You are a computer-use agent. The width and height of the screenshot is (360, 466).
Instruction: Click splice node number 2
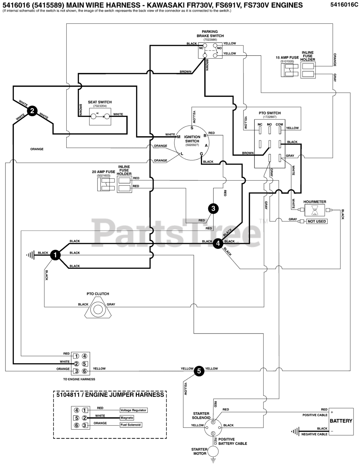(32, 111)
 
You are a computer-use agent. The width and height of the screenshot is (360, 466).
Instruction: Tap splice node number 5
(199, 371)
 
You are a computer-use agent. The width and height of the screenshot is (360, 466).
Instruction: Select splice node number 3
(213, 209)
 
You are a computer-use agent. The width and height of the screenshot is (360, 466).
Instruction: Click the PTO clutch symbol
(98, 309)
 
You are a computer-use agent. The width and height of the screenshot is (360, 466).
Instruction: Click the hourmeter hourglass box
(315, 210)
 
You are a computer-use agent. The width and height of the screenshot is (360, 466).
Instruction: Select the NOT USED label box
(317, 221)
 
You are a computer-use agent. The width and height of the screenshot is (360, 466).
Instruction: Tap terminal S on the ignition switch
(192, 128)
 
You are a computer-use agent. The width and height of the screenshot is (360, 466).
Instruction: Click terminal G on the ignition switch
(201, 154)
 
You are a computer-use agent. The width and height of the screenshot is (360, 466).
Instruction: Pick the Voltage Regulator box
(134, 410)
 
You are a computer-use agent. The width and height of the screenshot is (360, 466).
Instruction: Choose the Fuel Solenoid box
(131, 424)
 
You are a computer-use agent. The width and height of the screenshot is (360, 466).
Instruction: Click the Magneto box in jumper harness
(127, 418)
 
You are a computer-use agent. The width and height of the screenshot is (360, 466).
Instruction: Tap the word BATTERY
(341, 421)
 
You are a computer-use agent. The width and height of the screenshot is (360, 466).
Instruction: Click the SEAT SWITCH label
(100, 102)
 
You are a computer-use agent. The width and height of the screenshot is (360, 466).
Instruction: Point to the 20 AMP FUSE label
(104, 172)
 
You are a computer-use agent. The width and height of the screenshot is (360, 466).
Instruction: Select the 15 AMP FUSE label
(287, 58)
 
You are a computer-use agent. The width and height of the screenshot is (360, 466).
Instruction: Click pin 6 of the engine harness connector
(84, 371)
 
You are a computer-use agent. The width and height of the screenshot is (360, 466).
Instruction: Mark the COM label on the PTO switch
(280, 125)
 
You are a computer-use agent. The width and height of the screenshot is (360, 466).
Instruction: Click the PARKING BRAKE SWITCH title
(210, 33)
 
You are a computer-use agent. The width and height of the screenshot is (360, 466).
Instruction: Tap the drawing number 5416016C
(344, 4)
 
